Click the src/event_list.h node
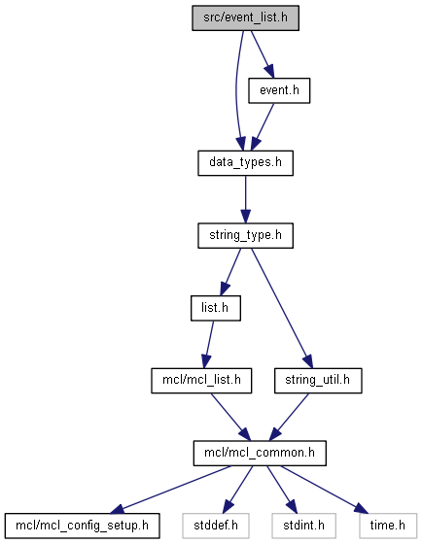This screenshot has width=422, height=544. [x=246, y=18]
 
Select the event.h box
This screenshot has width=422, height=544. [x=279, y=90]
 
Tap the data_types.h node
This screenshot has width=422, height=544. [x=246, y=163]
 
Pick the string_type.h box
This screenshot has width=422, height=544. [x=246, y=235]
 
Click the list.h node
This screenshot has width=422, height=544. [x=216, y=308]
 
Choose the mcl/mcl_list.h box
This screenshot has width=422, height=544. [x=201, y=381]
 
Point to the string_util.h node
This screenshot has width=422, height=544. [x=318, y=381]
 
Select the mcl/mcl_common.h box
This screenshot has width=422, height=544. [x=260, y=453]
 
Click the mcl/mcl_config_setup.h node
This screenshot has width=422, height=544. [x=83, y=526]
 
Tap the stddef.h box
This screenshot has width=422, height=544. [x=216, y=526]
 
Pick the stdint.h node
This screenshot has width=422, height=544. [x=304, y=526]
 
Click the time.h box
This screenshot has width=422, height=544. [x=388, y=526]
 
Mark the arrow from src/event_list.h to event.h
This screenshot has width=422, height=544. [x=263, y=54]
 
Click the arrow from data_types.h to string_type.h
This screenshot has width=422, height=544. [x=246, y=199]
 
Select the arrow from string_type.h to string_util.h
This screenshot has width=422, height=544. [x=282, y=308]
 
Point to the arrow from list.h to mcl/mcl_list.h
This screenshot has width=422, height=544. [x=208, y=345]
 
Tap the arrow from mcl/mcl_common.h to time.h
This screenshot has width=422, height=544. [x=324, y=490]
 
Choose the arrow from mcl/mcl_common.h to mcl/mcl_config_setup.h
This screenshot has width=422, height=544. [x=170, y=490]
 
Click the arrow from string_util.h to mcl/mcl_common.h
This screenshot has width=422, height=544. [x=289, y=417]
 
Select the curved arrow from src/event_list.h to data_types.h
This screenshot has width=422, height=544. [x=236, y=90]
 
